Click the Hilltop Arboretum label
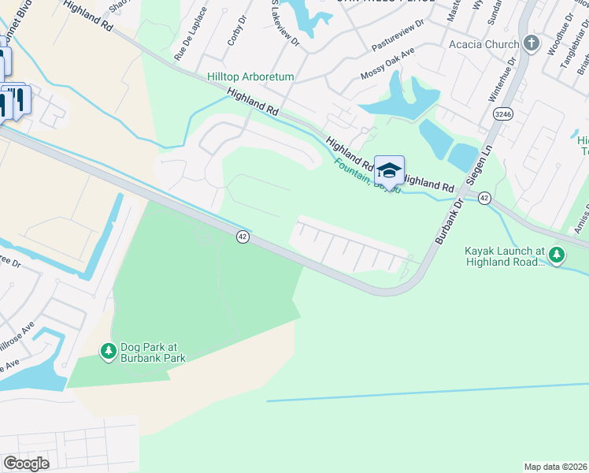[250, 76]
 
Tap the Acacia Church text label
[484, 44]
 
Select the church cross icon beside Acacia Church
[532, 44]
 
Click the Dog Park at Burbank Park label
[153, 352]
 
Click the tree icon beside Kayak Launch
[557, 254]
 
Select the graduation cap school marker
[389, 169]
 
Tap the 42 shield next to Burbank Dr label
[484, 199]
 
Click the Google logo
[26, 464]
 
